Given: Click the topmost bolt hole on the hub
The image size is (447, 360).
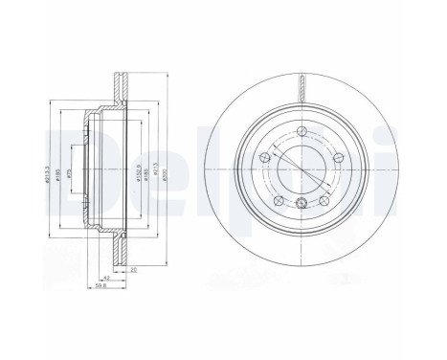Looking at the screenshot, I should coord(302,131).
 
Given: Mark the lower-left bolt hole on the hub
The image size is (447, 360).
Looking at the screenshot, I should coord(277,199).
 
